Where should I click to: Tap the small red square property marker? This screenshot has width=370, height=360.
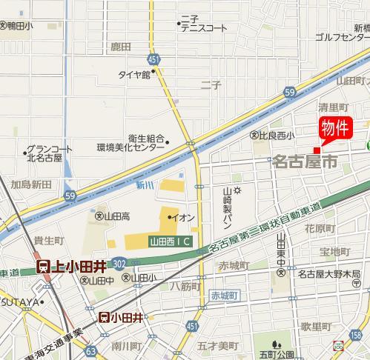(317, 150)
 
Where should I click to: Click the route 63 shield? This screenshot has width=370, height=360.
(90, 350)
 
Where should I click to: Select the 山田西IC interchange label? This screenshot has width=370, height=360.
(170, 241)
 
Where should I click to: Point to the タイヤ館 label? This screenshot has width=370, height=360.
(133, 74)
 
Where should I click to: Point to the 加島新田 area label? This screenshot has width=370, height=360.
(30, 183)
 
